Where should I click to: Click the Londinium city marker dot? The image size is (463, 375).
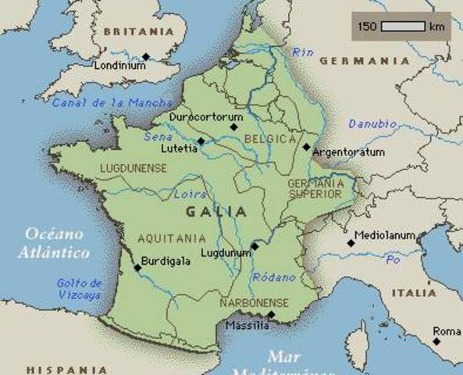tap(145, 56)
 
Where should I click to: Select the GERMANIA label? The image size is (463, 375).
tap(364, 61)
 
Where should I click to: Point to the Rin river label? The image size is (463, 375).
tap(301, 52)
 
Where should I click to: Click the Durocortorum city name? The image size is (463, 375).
tap(206, 116)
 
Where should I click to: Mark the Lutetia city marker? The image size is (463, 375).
tap(201, 141)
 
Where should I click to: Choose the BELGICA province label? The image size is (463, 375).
tap(270, 139)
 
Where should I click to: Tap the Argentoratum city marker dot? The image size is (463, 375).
tap(306, 146)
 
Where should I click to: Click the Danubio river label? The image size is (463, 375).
tap(372, 124)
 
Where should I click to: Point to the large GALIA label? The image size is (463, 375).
tap(217, 212)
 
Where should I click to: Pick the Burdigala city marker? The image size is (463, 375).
tap(137, 267)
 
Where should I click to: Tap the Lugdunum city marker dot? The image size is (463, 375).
tap(255, 246)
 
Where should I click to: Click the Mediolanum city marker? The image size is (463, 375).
tap(351, 243)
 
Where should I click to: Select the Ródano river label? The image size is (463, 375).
tap(273, 277)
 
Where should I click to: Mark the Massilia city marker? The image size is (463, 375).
tap(271, 314)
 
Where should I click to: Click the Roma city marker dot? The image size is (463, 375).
tap(436, 341)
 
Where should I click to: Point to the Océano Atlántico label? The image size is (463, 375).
tap(55, 242)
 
